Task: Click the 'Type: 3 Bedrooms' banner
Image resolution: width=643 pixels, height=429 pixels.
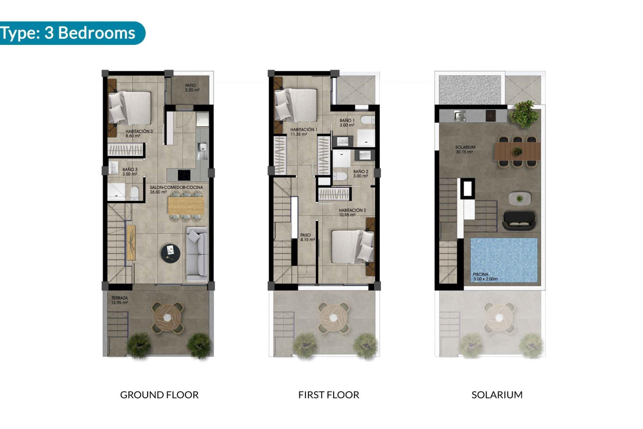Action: tap(69, 33)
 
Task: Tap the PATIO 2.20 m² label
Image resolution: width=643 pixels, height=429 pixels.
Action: tap(192, 88)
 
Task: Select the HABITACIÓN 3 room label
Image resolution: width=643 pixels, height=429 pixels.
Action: tap(139, 133)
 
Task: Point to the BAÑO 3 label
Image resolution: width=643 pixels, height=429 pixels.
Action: tap(130, 172)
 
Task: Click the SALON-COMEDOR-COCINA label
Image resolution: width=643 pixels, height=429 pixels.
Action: tap(176, 190)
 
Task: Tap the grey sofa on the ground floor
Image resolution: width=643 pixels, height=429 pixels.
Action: tap(197, 254)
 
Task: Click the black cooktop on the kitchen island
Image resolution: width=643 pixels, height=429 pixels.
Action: tap(184, 175)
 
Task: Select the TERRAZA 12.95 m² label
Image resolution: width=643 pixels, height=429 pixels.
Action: tap(120, 300)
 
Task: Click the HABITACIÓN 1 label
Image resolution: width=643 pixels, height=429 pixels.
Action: tap(303, 132)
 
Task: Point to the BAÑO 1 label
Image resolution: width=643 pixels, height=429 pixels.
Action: tap(347, 123)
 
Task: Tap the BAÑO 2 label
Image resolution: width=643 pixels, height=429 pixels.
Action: tap(360, 174)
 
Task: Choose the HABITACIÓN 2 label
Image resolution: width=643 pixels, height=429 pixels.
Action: tap(352, 212)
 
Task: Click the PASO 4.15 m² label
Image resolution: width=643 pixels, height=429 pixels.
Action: tap(307, 237)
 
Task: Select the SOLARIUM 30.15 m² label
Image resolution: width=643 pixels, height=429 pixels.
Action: tap(465, 149)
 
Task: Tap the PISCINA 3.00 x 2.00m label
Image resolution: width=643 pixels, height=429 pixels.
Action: tap(485, 277)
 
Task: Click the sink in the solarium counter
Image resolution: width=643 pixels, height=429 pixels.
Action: tap(459, 116)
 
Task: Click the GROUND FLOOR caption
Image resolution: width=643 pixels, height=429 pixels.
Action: tap(159, 395)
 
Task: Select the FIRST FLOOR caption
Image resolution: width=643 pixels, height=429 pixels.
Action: tap(329, 395)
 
